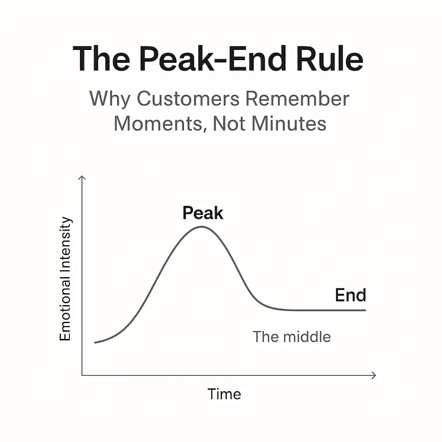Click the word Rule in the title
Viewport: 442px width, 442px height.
click(x=330, y=59)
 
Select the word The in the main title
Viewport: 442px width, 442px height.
click(x=102, y=59)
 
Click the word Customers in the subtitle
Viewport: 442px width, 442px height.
click(x=188, y=99)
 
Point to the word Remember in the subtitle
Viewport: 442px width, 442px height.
click(x=297, y=99)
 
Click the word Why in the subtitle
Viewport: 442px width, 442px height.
click(x=110, y=99)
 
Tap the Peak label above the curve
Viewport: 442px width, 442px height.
click(x=203, y=213)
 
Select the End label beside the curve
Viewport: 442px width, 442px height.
click(x=351, y=295)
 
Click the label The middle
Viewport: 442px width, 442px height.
click(x=291, y=336)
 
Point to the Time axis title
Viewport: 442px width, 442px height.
click(x=225, y=394)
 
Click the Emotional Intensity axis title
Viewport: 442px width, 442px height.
click(x=65, y=279)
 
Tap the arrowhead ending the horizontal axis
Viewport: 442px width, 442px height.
click(x=375, y=375)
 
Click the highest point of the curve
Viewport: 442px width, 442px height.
click(x=202, y=227)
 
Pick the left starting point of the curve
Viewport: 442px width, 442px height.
click(x=95, y=343)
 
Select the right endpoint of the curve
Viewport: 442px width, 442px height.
click(x=366, y=310)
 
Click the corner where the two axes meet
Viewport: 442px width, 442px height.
click(x=82, y=375)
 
